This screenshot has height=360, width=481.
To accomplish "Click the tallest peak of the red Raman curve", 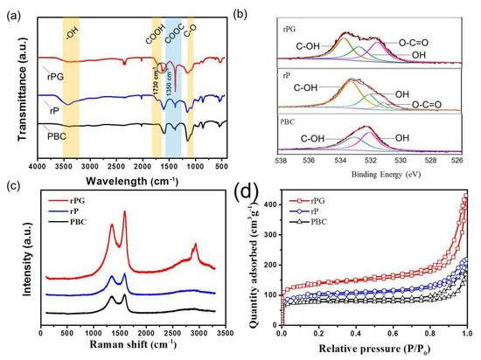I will point(124,212).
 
